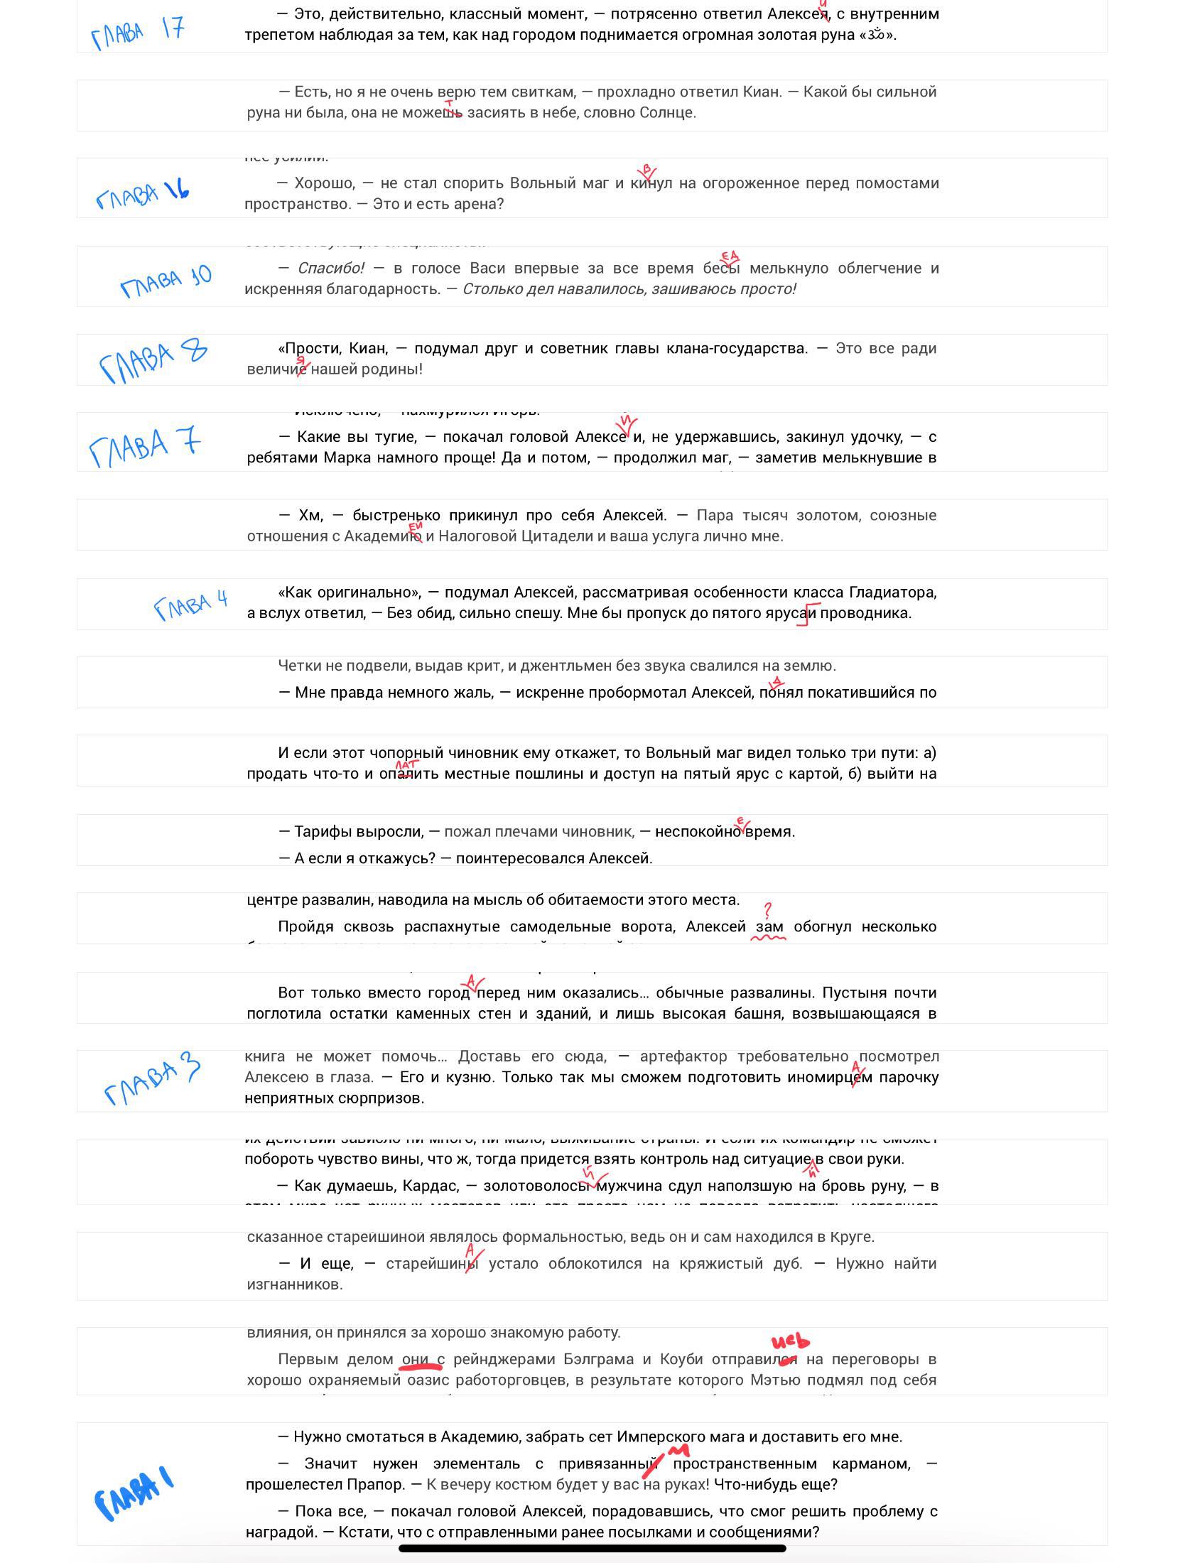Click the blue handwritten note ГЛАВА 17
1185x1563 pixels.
(x=138, y=32)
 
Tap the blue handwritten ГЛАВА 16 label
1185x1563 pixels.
(x=142, y=193)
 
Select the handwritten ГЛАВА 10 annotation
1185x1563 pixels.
(x=166, y=281)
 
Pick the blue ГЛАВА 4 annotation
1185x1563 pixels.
(x=190, y=605)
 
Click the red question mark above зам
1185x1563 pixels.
(x=767, y=910)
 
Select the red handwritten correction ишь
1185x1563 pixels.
(x=790, y=1341)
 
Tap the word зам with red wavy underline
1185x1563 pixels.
(x=769, y=926)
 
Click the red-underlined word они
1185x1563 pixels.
(x=416, y=1359)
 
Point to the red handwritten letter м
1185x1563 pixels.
(x=680, y=1449)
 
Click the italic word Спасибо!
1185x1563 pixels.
(x=330, y=269)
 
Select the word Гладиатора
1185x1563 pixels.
(x=893, y=593)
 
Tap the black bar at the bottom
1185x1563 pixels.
(x=592, y=1547)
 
